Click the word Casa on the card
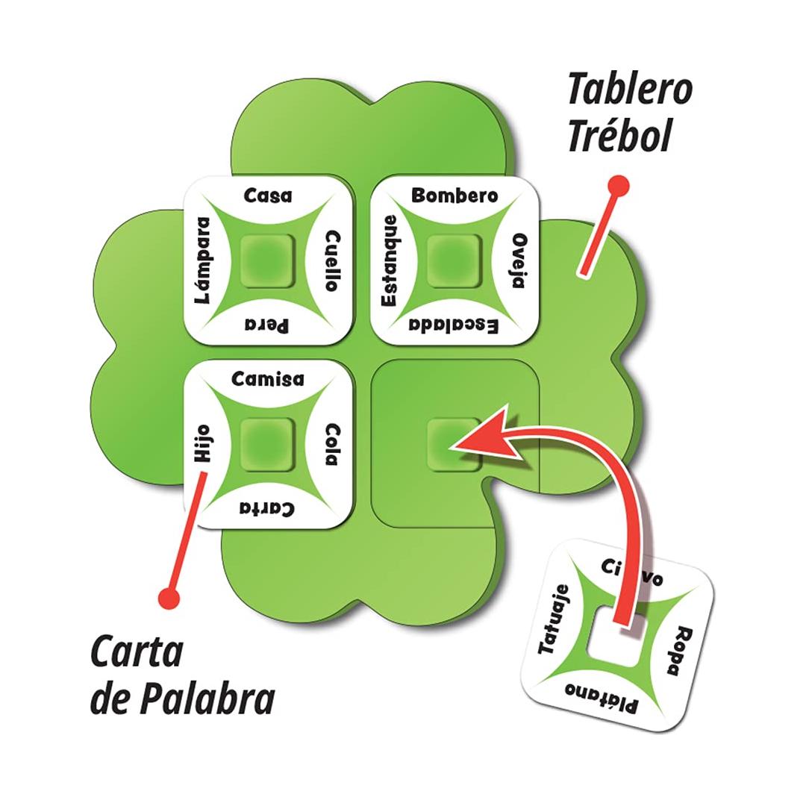click(x=269, y=196)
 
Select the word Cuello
click(x=334, y=260)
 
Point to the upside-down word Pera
click(x=268, y=325)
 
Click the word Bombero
click(x=454, y=196)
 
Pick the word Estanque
click(x=389, y=260)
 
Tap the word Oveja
click(x=520, y=260)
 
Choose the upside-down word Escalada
click(x=454, y=326)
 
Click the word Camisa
click(x=268, y=379)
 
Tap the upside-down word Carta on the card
click(x=267, y=509)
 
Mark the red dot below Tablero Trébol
click(x=619, y=184)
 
